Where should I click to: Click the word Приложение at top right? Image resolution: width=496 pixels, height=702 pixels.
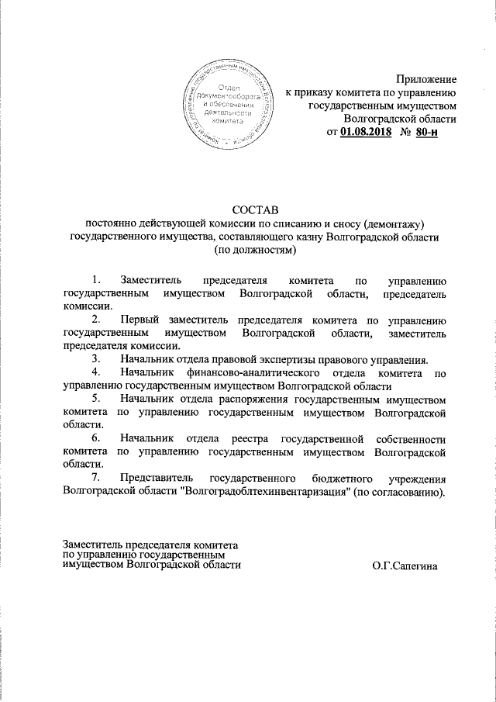click(x=426, y=78)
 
